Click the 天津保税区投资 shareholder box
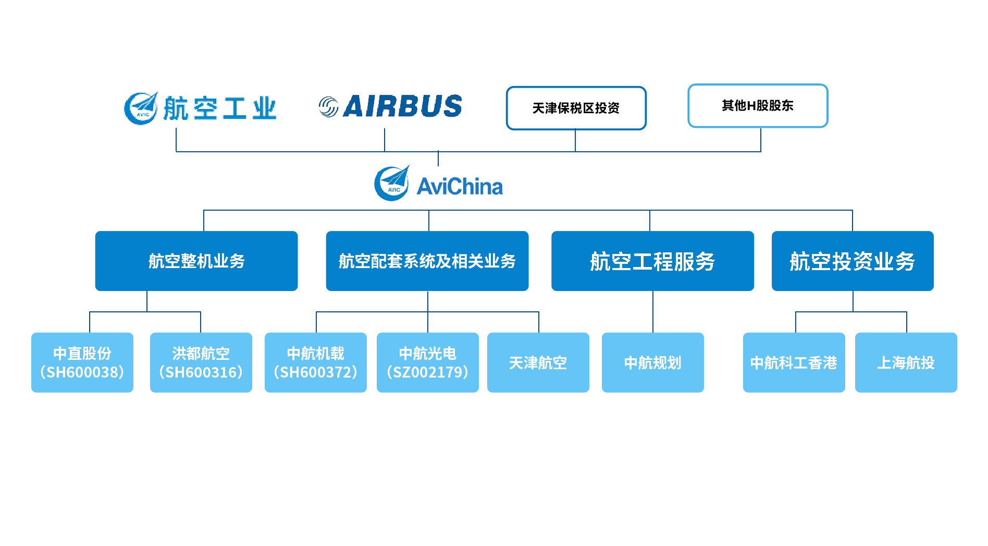[576, 108]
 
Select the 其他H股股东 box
[757, 105]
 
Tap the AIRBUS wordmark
[402, 106]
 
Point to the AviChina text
[460, 187]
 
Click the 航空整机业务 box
[196, 261]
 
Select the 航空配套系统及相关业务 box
[427, 261]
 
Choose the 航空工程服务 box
[652, 261]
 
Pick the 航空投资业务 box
[852, 261]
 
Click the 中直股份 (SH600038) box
[82, 362]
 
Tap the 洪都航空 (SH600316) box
[201, 362]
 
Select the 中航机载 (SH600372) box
[315, 362]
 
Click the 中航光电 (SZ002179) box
[427, 362]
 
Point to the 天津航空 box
[538, 362]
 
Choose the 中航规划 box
[652, 362]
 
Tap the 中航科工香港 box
[794, 362]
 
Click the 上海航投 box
[906, 362]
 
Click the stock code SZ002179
[427, 372]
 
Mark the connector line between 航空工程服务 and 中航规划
[653, 312]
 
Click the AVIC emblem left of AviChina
[392, 184]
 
